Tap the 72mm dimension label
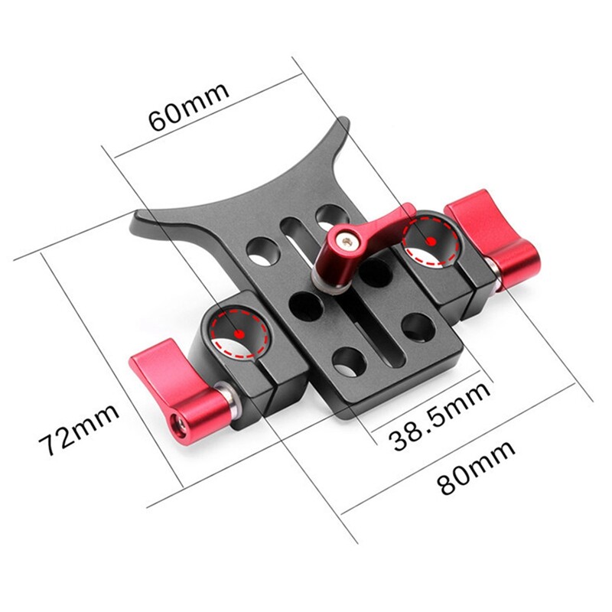click(x=80, y=430)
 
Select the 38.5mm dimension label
click(x=438, y=418)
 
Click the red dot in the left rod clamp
click(x=239, y=334)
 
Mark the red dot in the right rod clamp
click(x=432, y=240)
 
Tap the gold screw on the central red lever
click(x=348, y=241)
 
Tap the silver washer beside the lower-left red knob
click(x=227, y=398)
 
